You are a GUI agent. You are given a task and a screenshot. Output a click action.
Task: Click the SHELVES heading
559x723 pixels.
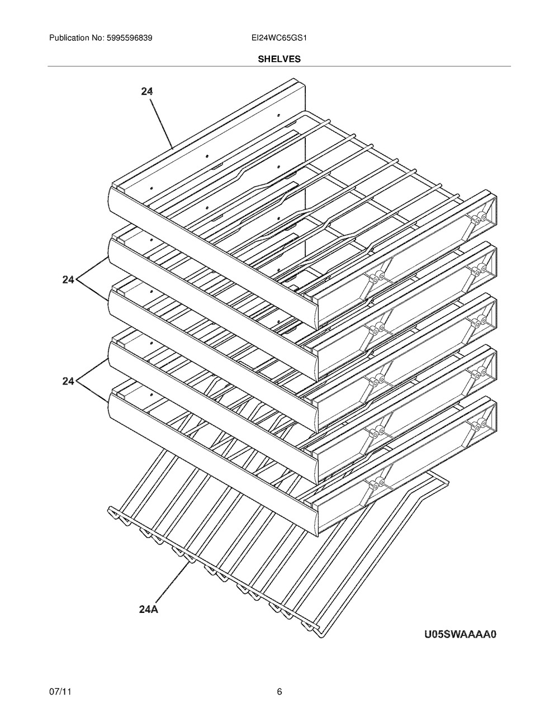tap(279, 59)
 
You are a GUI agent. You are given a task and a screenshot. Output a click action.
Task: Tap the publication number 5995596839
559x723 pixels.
tap(130, 38)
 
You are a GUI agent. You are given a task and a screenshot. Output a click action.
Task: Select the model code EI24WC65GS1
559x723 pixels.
tap(279, 38)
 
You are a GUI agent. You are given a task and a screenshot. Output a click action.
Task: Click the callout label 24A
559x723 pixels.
tap(148, 610)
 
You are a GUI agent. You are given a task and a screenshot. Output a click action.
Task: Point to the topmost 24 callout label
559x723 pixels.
tap(146, 91)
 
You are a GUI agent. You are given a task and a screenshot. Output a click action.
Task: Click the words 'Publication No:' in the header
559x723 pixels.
tap(77, 38)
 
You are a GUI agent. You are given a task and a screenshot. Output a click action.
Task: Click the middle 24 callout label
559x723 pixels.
tap(68, 280)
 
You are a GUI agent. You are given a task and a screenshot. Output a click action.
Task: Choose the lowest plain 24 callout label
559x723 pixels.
tap(68, 381)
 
